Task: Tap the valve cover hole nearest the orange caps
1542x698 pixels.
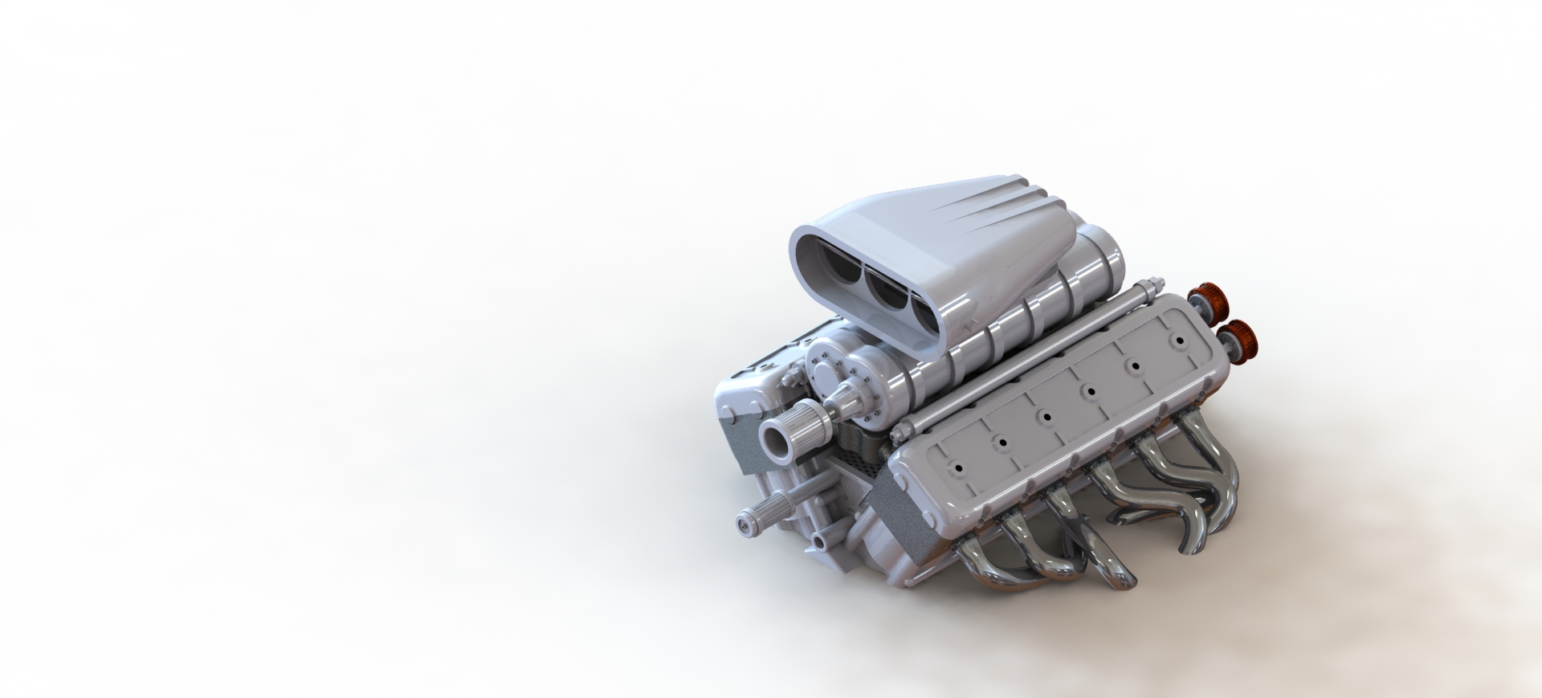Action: [1180, 340]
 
